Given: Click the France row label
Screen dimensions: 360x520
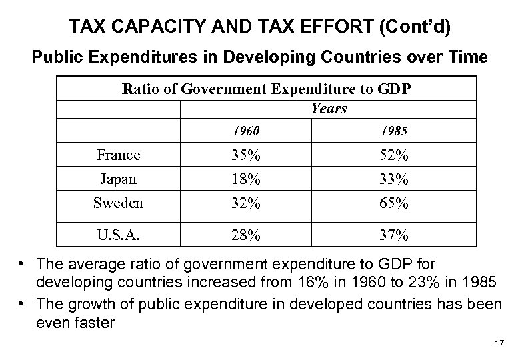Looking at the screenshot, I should (118, 155).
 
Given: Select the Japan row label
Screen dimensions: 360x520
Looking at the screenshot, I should (118, 179).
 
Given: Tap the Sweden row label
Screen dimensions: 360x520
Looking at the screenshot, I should (118, 203).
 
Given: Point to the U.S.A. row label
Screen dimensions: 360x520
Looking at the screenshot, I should (118, 236).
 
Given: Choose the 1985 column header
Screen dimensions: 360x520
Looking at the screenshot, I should (395, 131).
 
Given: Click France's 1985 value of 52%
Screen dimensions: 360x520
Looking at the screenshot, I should (395, 156).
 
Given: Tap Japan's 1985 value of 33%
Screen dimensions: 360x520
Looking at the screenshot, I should (395, 179).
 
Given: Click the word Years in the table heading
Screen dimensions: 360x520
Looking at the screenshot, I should (329, 108).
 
